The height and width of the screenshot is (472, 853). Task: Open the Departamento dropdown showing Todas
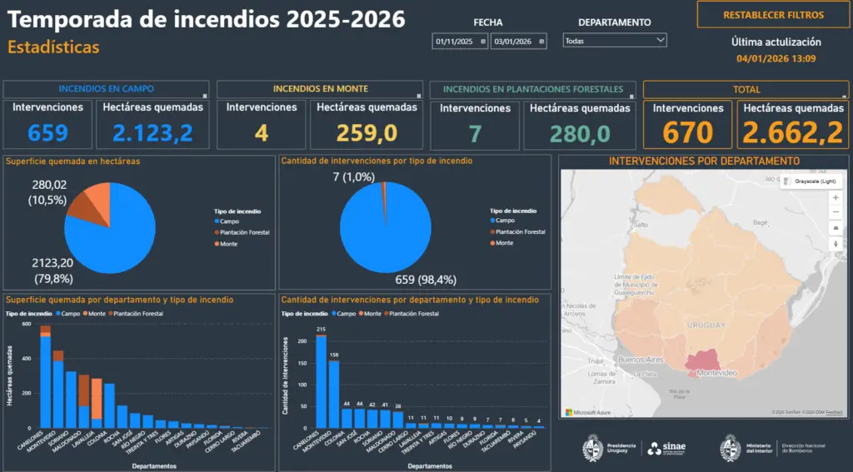[615, 40]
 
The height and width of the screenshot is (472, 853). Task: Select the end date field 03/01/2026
[518, 41]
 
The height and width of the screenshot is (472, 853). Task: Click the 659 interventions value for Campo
[48, 132]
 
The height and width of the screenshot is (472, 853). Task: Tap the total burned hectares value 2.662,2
[793, 132]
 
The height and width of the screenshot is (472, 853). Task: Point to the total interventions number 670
[688, 132]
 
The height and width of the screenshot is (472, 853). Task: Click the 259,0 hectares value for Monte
[367, 132]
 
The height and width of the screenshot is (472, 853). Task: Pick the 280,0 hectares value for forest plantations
[580, 132]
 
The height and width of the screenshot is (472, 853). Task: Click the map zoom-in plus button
[836, 197]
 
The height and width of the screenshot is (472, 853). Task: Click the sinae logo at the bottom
[666, 448]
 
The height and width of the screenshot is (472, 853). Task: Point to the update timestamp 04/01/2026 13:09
[776, 58]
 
